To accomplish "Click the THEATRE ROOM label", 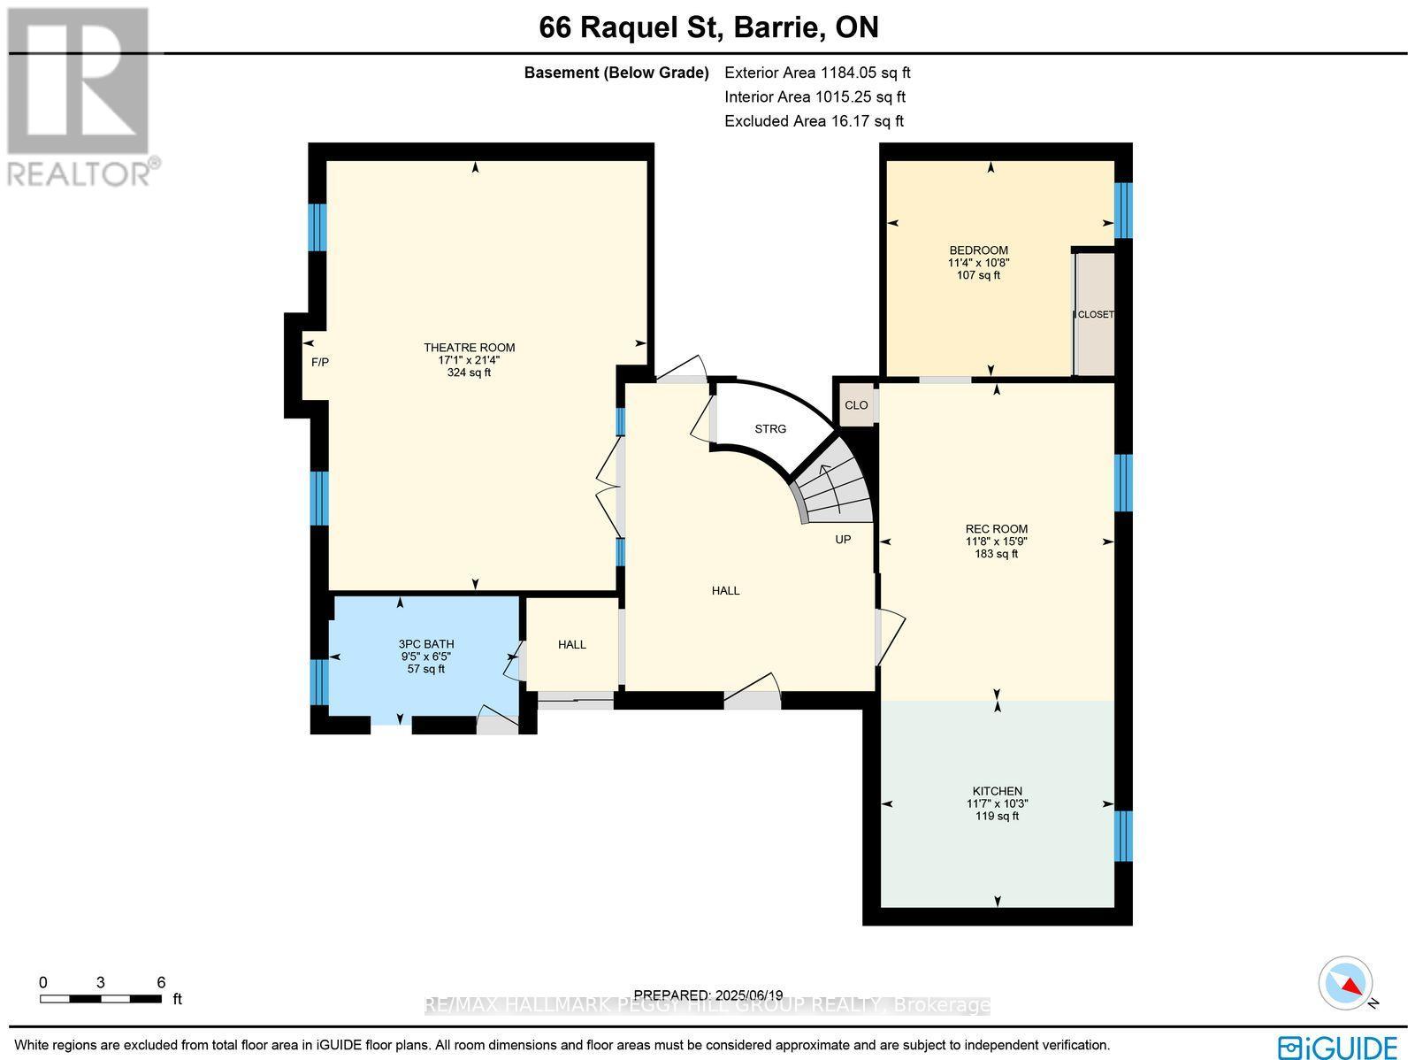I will pyautogui.click(x=469, y=348).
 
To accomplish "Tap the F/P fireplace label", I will pyautogui.click(x=320, y=362).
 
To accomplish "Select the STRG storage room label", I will pyautogui.click(x=770, y=428).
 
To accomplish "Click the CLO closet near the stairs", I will pyautogui.click(x=856, y=405).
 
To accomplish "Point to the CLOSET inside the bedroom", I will pyautogui.click(x=1096, y=315).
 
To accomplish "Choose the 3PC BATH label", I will pyautogui.click(x=425, y=644).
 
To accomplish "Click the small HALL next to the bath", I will pyautogui.click(x=572, y=644).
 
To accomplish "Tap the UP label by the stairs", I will pyautogui.click(x=843, y=539).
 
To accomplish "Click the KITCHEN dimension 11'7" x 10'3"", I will pyautogui.click(x=997, y=803).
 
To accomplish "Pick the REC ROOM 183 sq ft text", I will pyautogui.click(x=997, y=554).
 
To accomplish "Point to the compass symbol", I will pyautogui.click(x=1347, y=983).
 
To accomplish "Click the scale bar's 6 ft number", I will pyautogui.click(x=161, y=981).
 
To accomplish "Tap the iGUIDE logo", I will pyautogui.click(x=1338, y=1046).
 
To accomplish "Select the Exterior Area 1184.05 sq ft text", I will pyautogui.click(x=817, y=73).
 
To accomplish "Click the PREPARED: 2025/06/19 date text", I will pyautogui.click(x=708, y=995).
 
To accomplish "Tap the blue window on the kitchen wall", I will pyautogui.click(x=1123, y=836).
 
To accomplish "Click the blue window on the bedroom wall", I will pyautogui.click(x=1123, y=211).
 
